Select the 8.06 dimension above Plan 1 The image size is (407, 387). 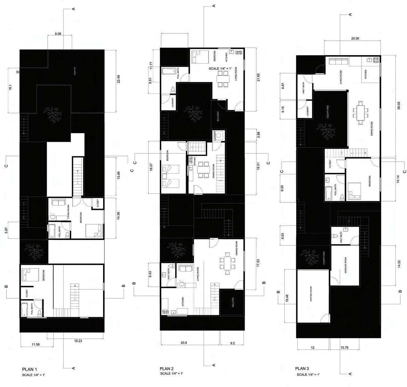[x=58, y=33]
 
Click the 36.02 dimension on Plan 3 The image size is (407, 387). [x=399, y=107]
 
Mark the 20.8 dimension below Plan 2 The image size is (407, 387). [x=184, y=343]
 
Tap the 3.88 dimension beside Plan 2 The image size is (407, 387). [x=258, y=135]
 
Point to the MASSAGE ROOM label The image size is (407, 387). [x=346, y=265]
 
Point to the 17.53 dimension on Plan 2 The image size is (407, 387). [x=258, y=264]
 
